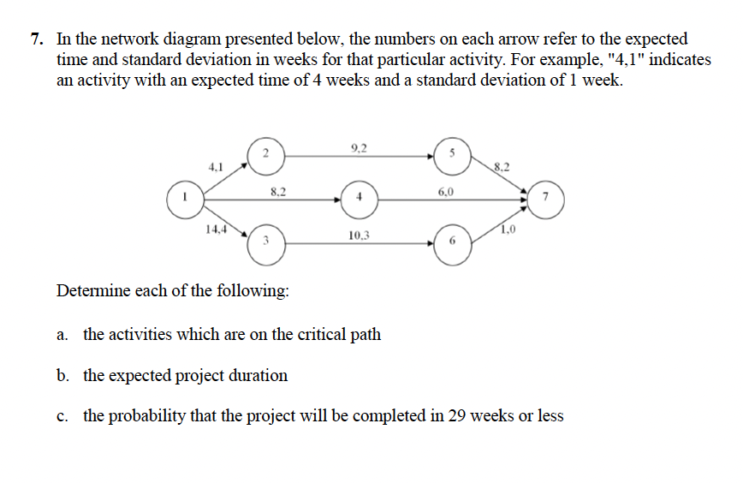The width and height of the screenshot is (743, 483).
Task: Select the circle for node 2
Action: (265, 154)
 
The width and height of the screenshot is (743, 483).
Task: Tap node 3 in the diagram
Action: (265, 241)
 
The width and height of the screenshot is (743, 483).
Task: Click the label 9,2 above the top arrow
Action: (359, 147)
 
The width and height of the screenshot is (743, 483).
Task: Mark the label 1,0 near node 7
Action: (508, 229)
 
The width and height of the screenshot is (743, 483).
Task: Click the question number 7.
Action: (35, 39)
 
